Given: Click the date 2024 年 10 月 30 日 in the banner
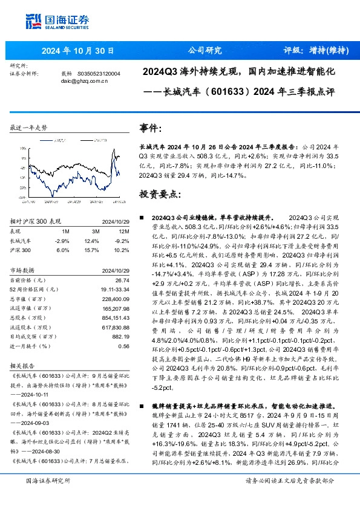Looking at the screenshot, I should coord(70,51).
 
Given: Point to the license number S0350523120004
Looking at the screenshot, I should coord(99,73).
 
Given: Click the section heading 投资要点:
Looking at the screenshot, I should coord(160,195).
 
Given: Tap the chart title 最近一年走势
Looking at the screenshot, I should coord(28,128).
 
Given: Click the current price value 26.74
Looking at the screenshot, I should coord(122,280).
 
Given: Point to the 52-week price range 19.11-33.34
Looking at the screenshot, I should coord(115,290).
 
